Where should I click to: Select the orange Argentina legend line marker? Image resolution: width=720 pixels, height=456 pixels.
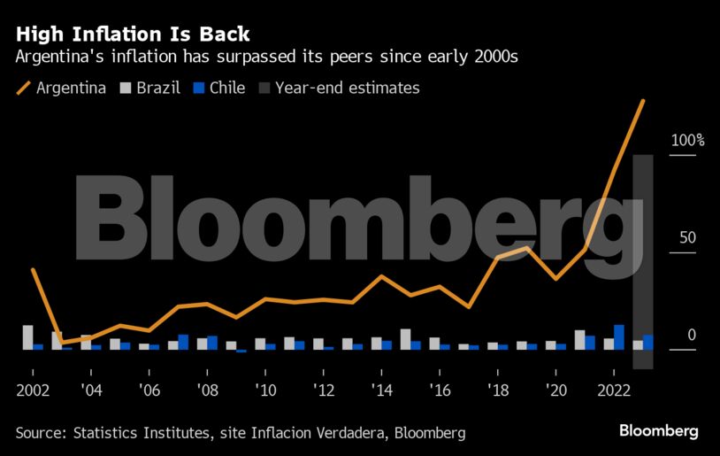23,88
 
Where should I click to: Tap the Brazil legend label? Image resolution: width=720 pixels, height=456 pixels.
158,88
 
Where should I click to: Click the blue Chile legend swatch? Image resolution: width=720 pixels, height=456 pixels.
199,88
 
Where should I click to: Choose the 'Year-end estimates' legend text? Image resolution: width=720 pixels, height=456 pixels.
347,88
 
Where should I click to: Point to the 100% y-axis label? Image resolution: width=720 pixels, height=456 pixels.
688,141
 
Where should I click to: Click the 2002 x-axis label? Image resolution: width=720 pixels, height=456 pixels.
33,390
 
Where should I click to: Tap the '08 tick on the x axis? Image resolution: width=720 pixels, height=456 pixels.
207,390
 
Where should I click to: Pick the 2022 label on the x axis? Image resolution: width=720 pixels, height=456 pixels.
614,390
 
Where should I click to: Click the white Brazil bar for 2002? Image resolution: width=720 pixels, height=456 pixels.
27,337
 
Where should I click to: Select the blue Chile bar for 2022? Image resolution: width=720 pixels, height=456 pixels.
619,337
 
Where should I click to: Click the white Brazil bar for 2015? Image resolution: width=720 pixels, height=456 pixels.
405,339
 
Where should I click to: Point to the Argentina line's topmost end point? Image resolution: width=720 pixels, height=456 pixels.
643,101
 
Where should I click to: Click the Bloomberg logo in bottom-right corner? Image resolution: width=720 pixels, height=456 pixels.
658,431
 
